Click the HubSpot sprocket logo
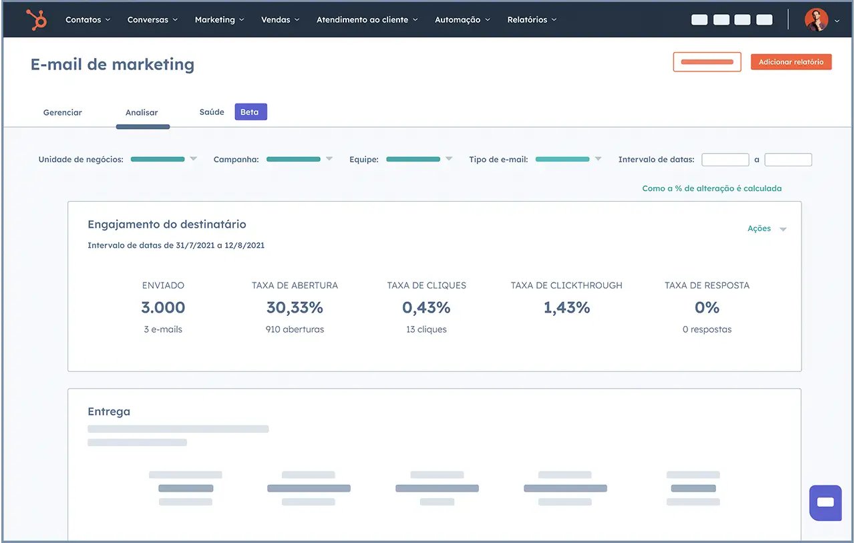click(x=36, y=20)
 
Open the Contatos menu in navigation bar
click(x=88, y=20)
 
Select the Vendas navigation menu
click(x=280, y=20)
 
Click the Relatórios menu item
click(x=531, y=20)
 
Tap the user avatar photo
click(x=816, y=20)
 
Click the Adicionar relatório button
click(x=791, y=62)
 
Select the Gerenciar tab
click(x=63, y=112)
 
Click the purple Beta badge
click(x=250, y=112)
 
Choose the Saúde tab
click(x=212, y=112)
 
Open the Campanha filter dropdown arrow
click(x=329, y=159)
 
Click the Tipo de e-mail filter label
click(x=498, y=160)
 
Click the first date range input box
click(x=725, y=160)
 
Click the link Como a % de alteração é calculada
click(x=711, y=188)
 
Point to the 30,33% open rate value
click(x=295, y=308)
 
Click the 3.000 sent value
click(x=163, y=308)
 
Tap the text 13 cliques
click(x=426, y=329)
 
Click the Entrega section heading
click(x=109, y=411)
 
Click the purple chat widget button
click(x=825, y=502)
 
